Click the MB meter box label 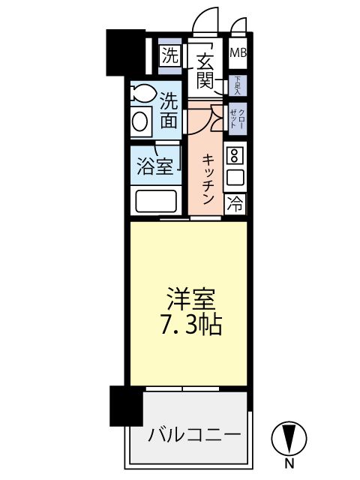click(x=238, y=53)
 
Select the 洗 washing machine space click(x=170, y=55)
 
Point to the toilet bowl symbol click(x=139, y=94)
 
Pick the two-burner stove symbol click(x=235, y=156)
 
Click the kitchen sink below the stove click(x=235, y=178)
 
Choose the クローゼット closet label click(x=236, y=115)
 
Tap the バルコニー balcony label click(x=194, y=435)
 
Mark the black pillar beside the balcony click(x=125, y=405)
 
